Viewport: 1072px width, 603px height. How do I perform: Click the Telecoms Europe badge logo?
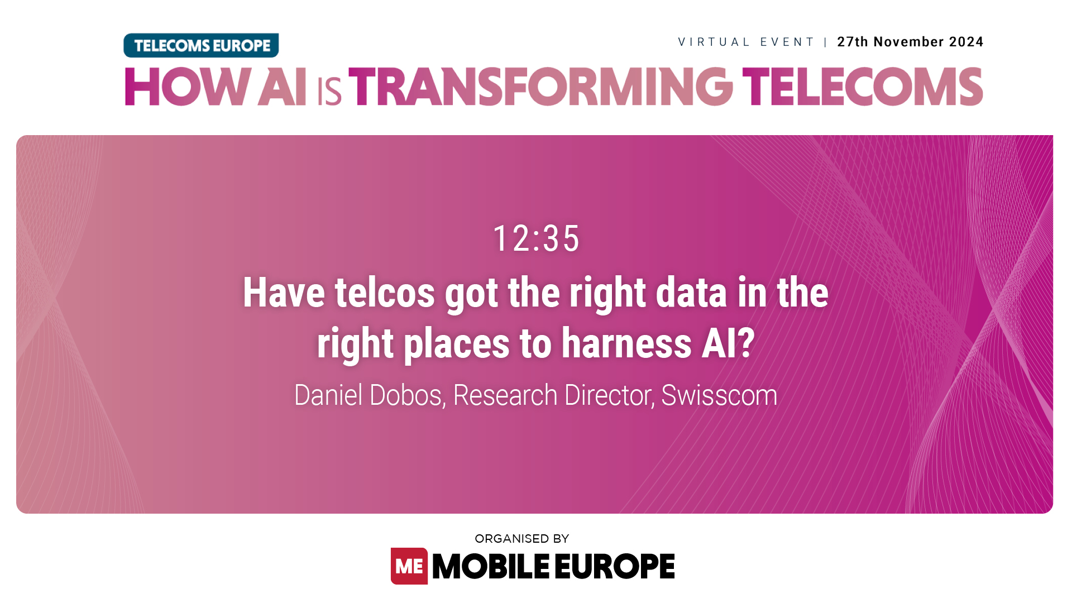point(201,45)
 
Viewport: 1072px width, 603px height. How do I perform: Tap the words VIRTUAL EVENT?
point(746,42)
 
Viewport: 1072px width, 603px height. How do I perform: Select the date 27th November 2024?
point(910,42)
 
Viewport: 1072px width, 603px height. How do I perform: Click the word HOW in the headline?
point(187,87)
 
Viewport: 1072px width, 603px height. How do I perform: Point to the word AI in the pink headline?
point(282,87)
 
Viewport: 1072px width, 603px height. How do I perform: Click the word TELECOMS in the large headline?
point(863,87)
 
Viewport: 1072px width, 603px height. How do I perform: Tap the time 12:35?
point(536,238)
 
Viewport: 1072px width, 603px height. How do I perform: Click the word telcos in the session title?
point(385,293)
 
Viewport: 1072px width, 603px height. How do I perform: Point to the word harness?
point(626,343)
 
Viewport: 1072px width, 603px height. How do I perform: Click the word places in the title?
point(456,343)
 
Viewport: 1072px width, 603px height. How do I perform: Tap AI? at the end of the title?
point(728,343)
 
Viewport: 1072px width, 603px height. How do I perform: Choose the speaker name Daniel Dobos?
point(369,395)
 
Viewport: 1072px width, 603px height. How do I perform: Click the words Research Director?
point(553,395)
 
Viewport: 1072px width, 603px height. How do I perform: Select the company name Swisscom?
point(719,395)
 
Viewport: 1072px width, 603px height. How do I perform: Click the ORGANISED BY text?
point(521,539)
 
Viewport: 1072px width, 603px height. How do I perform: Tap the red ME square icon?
point(409,566)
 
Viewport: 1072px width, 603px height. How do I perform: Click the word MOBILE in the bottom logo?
point(491,566)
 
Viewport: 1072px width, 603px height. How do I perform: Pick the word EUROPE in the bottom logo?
point(615,566)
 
